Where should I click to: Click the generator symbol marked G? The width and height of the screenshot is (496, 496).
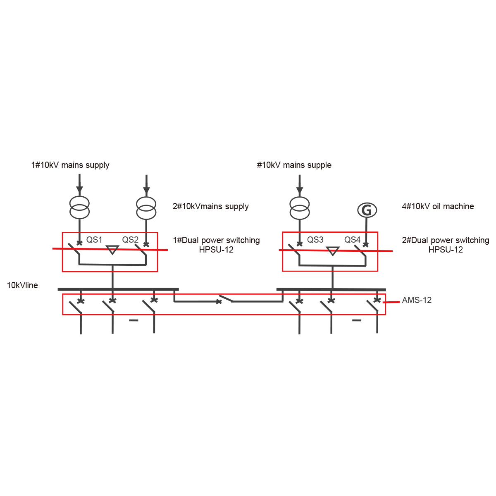click(367, 210)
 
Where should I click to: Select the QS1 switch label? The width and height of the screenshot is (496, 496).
click(94, 240)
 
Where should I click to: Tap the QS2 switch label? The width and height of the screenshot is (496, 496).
click(130, 240)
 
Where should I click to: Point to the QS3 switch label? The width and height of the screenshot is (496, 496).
click(315, 240)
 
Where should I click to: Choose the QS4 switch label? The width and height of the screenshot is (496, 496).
click(353, 240)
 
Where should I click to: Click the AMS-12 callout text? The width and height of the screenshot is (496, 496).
click(416, 300)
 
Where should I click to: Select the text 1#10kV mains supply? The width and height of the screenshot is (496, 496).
click(70, 165)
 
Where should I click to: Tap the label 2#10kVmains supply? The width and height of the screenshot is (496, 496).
click(210, 206)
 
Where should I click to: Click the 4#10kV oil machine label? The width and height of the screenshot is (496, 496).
click(438, 206)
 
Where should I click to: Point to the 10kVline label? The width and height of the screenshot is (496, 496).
click(23, 285)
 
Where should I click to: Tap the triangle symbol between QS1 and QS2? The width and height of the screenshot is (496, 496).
click(112, 250)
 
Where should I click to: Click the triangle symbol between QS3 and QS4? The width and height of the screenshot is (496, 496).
click(333, 250)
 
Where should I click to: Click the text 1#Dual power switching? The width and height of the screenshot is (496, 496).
click(216, 240)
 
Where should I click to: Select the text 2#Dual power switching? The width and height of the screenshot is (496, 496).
click(445, 240)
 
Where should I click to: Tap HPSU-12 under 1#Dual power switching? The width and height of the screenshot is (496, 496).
click(216, 250)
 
